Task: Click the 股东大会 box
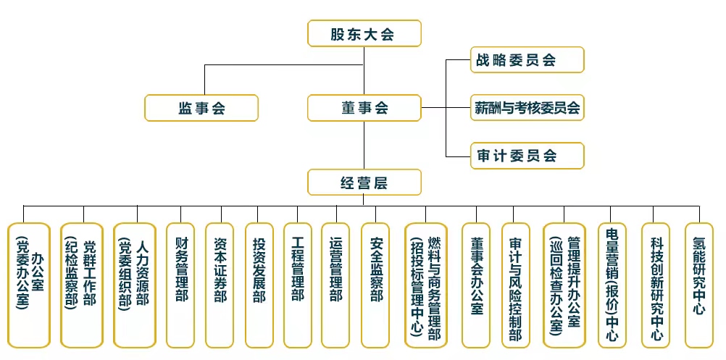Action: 363,33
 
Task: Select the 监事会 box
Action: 201,108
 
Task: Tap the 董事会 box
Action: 364,108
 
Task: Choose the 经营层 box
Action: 364,182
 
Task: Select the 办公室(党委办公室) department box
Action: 29,285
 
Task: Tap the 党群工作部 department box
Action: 81,285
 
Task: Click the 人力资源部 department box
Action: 134,285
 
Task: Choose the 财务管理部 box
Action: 180,285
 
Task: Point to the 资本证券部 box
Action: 220,285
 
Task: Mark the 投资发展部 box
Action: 259,285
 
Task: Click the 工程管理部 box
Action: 297,285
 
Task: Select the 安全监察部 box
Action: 375,285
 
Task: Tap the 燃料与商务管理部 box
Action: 425,285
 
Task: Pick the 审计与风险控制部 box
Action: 514,285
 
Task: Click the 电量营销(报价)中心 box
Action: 612,285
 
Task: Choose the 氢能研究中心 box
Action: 698,285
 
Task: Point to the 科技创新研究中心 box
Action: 656,285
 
